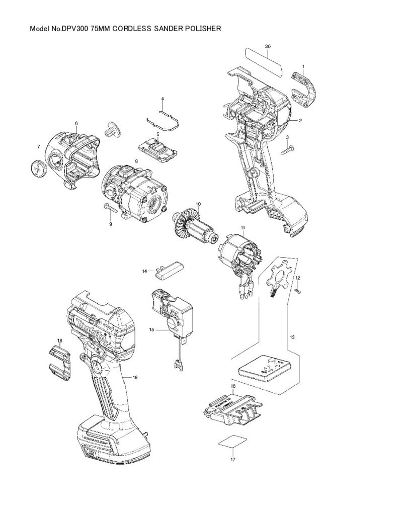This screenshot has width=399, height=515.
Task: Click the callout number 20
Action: (x=268, y=46)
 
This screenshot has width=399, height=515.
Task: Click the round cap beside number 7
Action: (x=38, y=167)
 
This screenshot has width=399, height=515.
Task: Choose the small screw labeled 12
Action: (x=297, y=291)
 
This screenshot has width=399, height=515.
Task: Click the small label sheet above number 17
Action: (x=232, y=443)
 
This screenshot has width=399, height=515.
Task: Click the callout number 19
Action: (x=135, y=377)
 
